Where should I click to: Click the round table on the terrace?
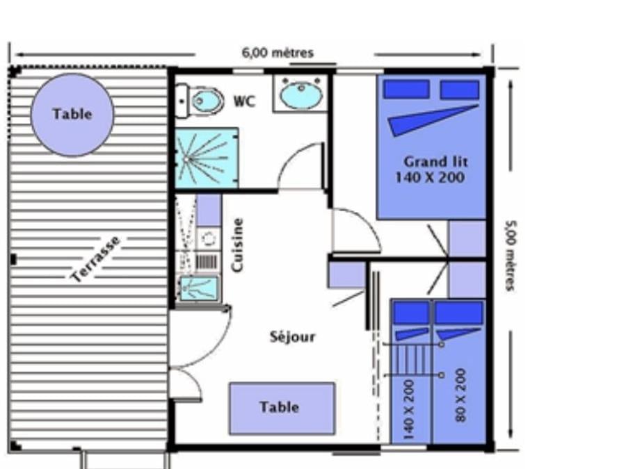point(72,115)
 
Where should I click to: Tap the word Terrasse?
point(95,259)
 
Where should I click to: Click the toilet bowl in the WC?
point(207,101)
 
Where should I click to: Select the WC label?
point(244,101)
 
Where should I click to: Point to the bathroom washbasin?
point(301,94)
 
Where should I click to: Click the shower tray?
point(207,158)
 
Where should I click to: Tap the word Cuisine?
point(237,245)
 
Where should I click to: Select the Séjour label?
point(293,337)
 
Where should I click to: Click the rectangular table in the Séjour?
point(282,408)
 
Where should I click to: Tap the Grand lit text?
point(435,162)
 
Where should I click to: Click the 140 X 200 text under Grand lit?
point(430,177)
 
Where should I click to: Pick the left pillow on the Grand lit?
point(406,89)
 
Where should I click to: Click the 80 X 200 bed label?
point(460,395)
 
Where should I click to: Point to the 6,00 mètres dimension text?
point(278,53)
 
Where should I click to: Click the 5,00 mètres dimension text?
point(511,256)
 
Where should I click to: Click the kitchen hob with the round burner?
point(208,239)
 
